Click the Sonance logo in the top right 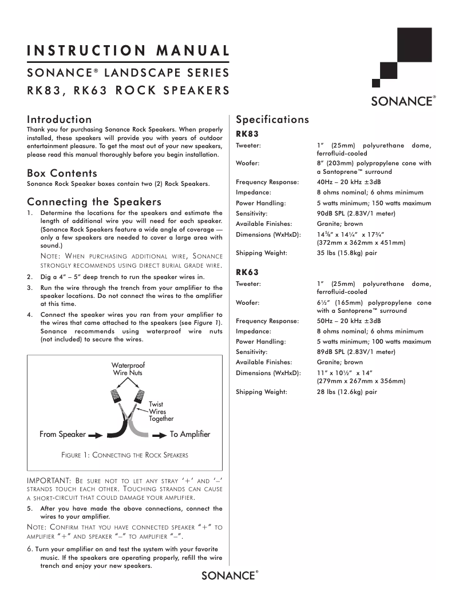pyautogui.click(x=403, y=101)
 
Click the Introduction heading pyautogui.click(x=60, y=120)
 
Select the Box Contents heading pyautogui.click(x=62, y=173)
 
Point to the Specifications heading pyautogui.click(x=272, y=120)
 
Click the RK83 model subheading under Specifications pyautogui.click(x=247, y=134)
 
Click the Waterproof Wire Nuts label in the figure pyautogui.click(x=128, y=369)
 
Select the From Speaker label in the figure pyautogui.click(x=62, y=435)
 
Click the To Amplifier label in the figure pyautogui.click(x=190, y=435)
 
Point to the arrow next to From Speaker pyautogui.click(x=96, y=435)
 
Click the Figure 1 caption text pyautogui.click(x=125, y=455)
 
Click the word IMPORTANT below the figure pyautogui.click(x=49, y=480)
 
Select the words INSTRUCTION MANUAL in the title pyautogui.click(x=128, y=50)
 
